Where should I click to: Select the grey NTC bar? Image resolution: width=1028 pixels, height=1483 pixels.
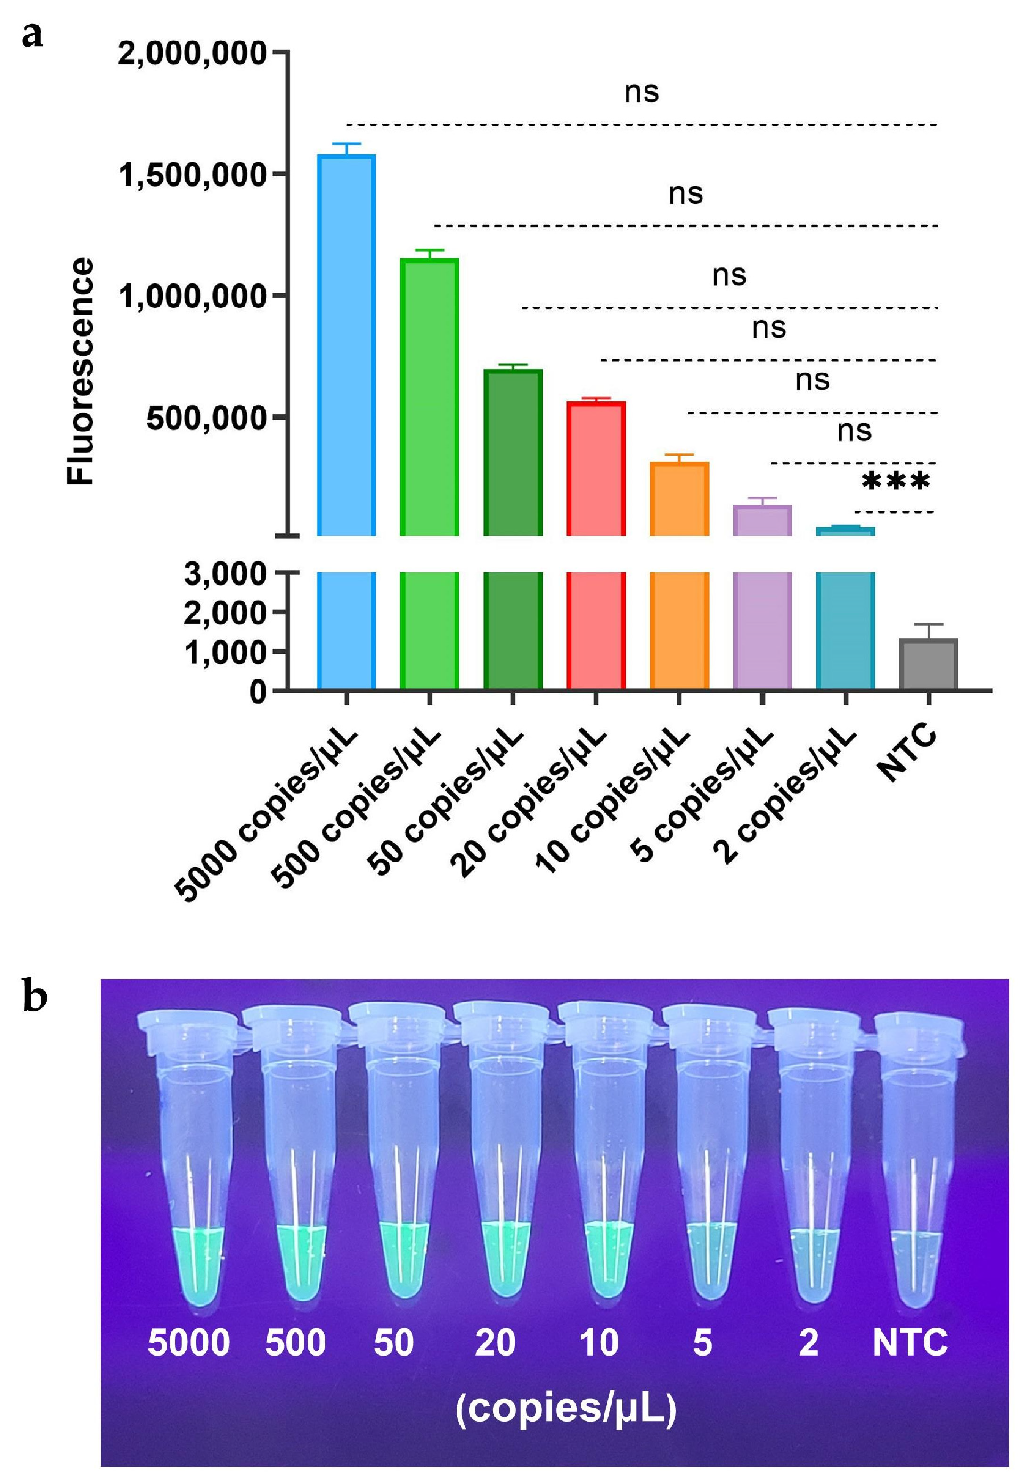928,664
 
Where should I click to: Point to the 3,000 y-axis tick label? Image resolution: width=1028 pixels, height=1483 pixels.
225,573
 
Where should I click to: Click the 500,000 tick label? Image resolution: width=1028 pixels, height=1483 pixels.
205,418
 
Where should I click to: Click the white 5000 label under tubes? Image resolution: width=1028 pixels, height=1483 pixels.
189,1343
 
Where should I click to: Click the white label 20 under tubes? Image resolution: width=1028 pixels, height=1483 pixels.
495,1343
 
